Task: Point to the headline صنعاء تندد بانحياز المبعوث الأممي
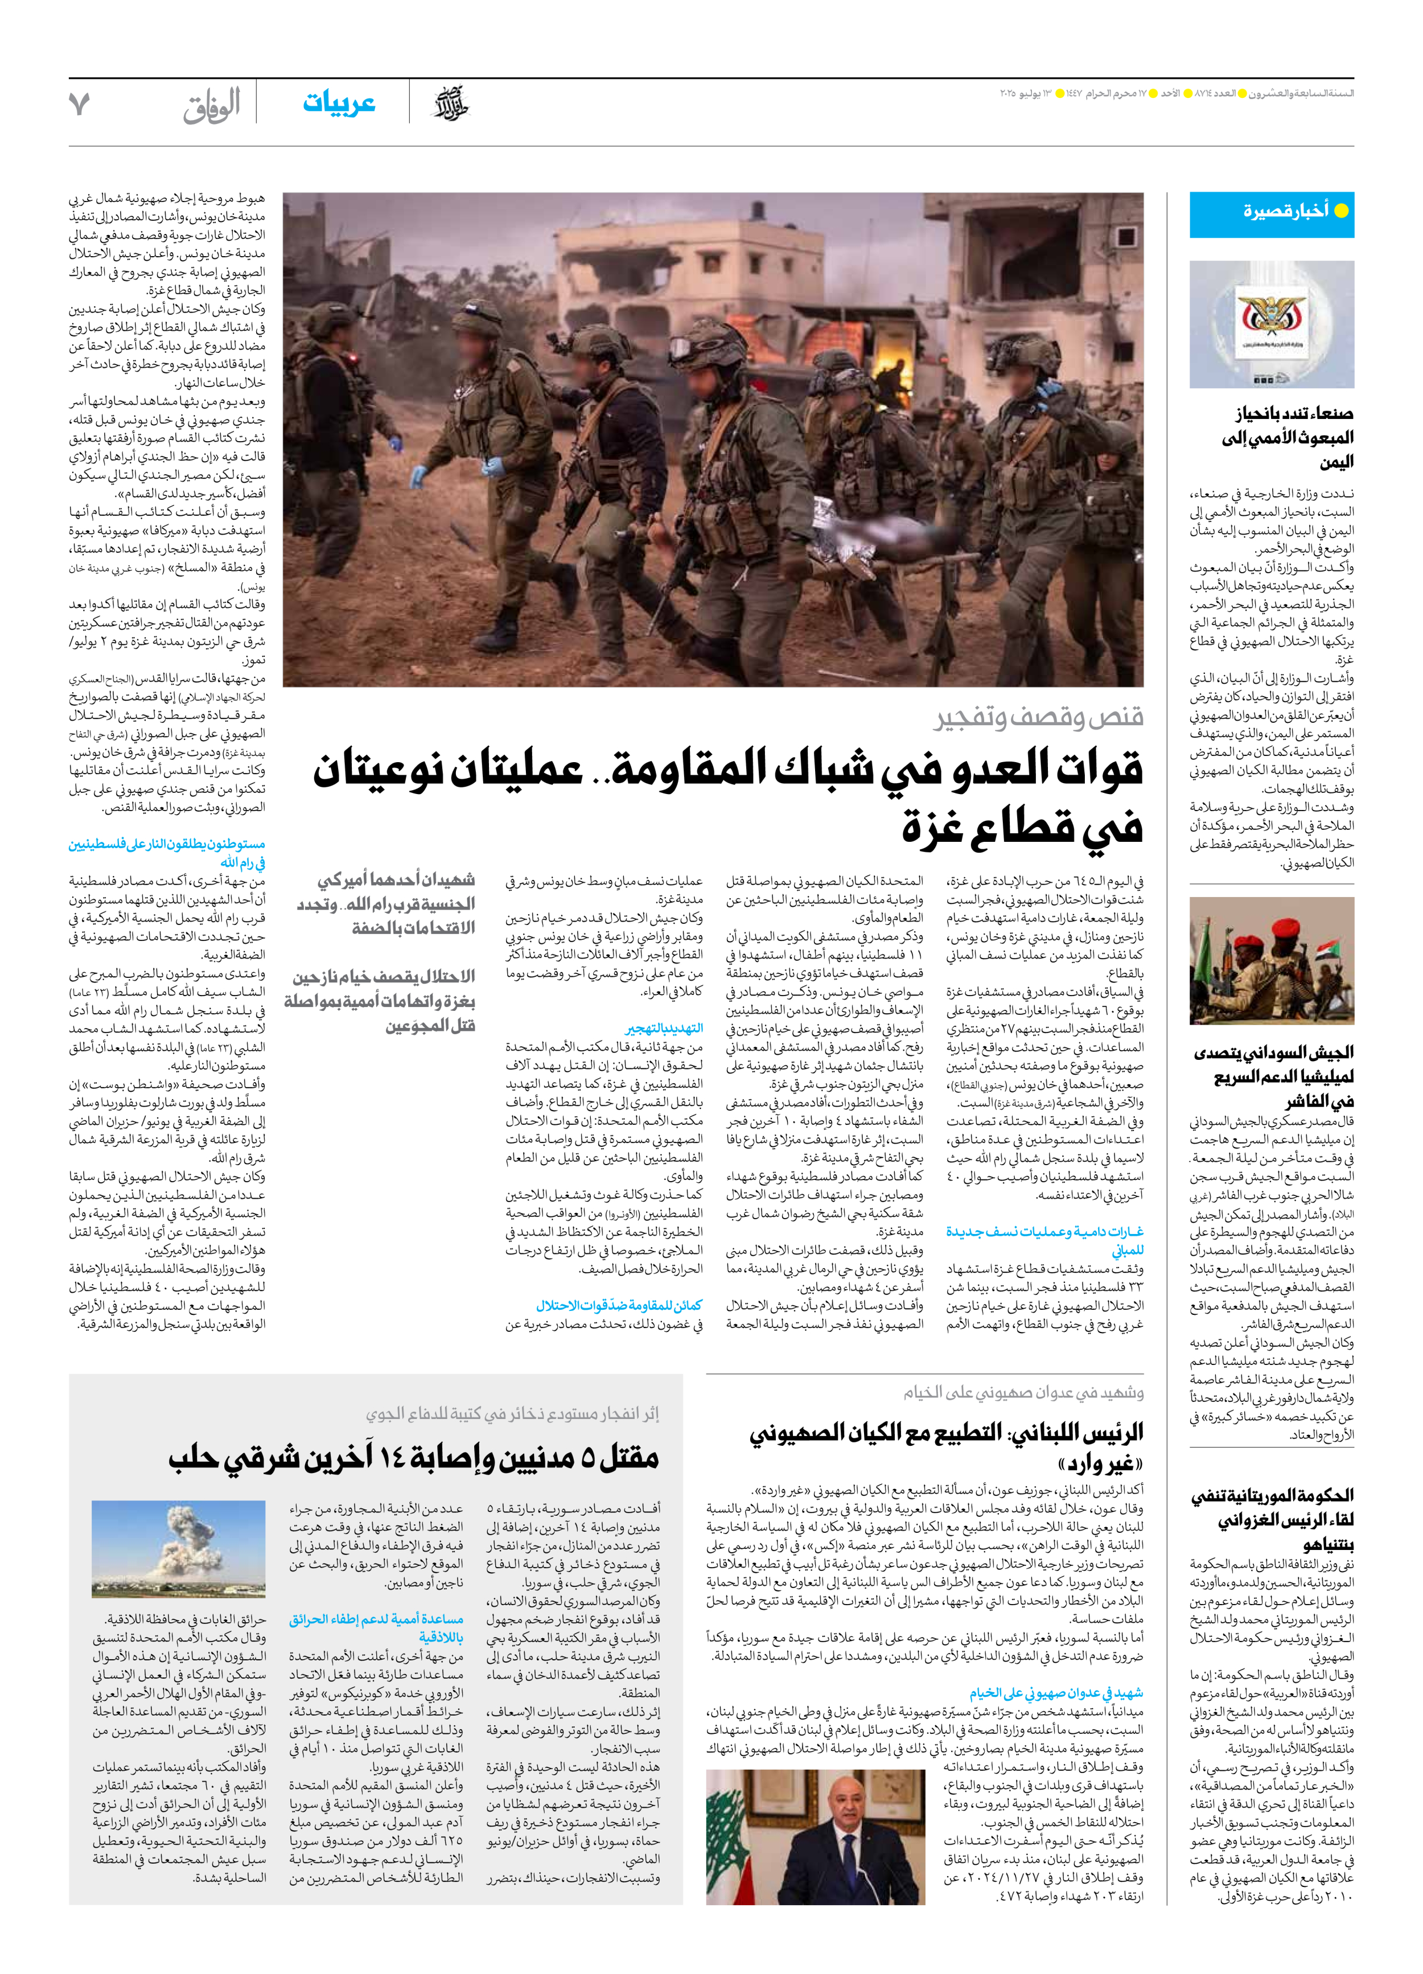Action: click(1286, 437)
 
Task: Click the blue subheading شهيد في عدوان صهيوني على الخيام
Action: click(1056, 1693)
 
